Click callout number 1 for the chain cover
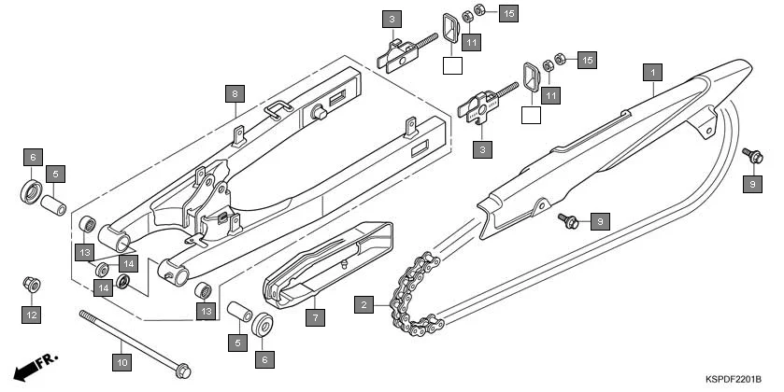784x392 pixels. (653, 70)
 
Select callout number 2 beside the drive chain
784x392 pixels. (363, 303)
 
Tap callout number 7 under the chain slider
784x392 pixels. (316, 317)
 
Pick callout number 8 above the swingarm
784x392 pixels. (235, 93)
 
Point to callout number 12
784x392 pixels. (31, 315)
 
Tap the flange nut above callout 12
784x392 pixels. (30, 283)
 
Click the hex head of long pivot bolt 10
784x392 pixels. (183, 365)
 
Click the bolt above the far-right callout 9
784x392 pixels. (748, 152)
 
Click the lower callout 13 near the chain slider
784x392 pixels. (206, 309)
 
